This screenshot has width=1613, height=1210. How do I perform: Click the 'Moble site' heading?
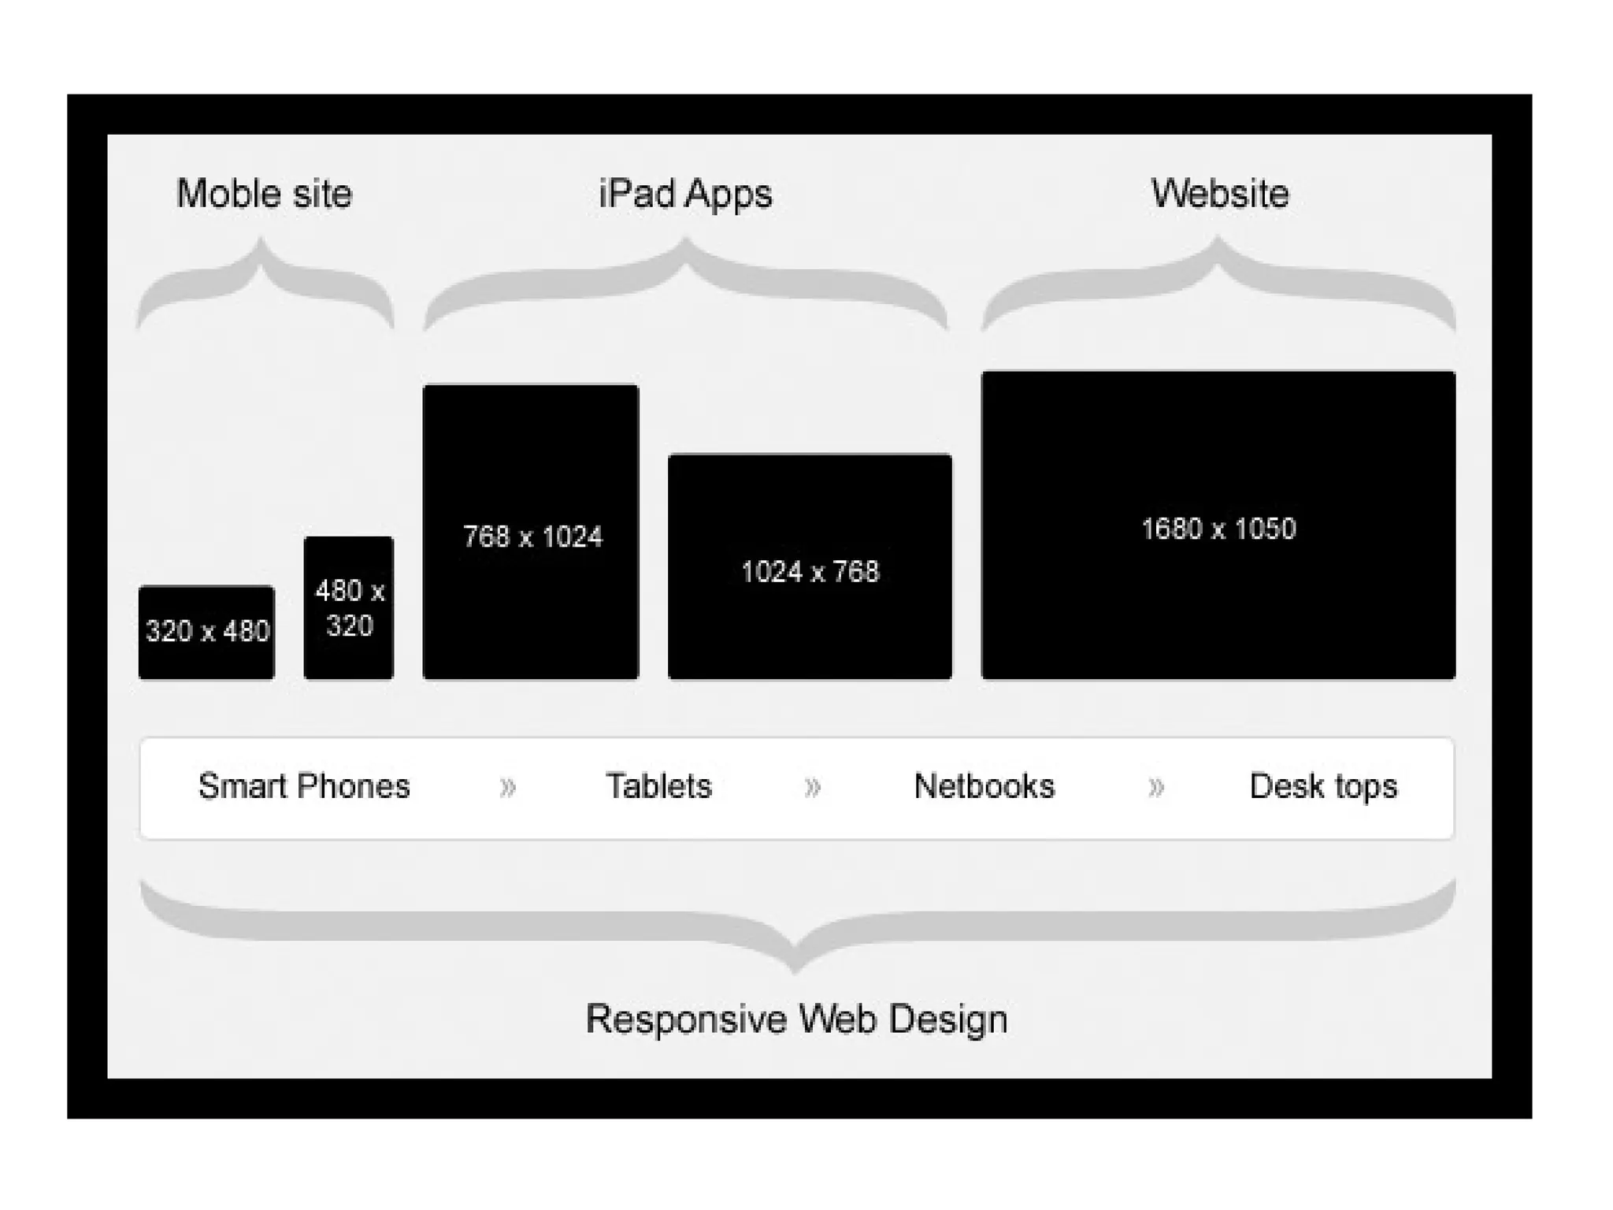tap(264, 194)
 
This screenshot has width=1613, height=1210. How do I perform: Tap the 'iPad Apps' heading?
tap(685, 194)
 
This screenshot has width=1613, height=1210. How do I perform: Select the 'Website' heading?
tap(1219, 194)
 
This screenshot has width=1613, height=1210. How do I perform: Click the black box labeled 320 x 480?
tap(206, 632)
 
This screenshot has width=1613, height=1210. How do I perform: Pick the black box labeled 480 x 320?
tap(348, 607)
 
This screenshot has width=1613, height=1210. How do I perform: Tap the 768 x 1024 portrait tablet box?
tap(531, 533)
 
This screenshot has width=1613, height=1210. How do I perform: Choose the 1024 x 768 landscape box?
tap(810, 567)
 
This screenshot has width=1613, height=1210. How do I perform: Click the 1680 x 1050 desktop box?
tap(1218, 525)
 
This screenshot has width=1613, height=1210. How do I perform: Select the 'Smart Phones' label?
tap(304, 786)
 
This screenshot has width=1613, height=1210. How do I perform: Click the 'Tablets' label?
tap(658, 786)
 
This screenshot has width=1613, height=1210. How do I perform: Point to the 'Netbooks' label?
tap(984, 786)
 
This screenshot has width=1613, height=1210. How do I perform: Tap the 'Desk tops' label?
tap(1323, 786)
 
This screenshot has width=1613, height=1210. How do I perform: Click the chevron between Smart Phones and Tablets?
tap(508, 787)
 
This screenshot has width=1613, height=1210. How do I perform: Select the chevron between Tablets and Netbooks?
tap(812, 787)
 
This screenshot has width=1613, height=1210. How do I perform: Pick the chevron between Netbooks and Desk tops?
tap(1155, 787)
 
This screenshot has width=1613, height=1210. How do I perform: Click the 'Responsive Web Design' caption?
tap(796, 1019)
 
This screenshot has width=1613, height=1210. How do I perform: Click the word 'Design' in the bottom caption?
tap(948, 1019)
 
